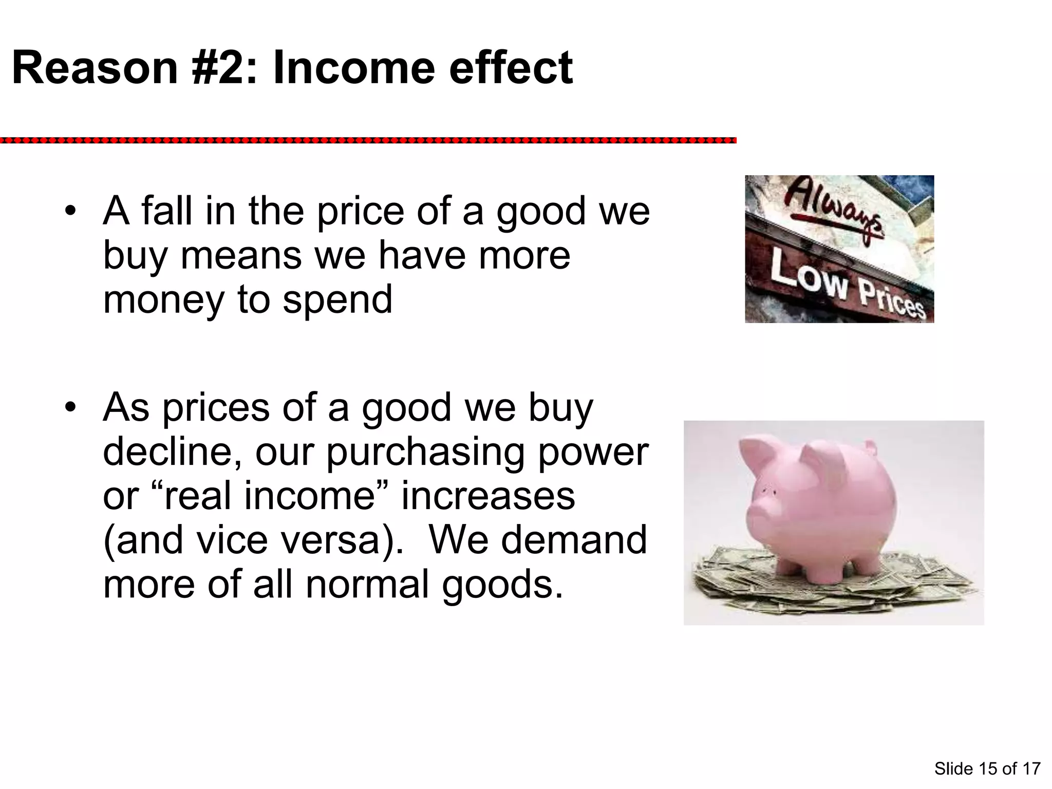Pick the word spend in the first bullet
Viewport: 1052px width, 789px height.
click(337, 300)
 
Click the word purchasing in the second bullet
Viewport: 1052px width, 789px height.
click(425, 452)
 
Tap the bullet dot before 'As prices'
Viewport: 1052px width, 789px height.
click(70, 408)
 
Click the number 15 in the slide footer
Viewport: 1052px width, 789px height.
click(987, 768)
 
